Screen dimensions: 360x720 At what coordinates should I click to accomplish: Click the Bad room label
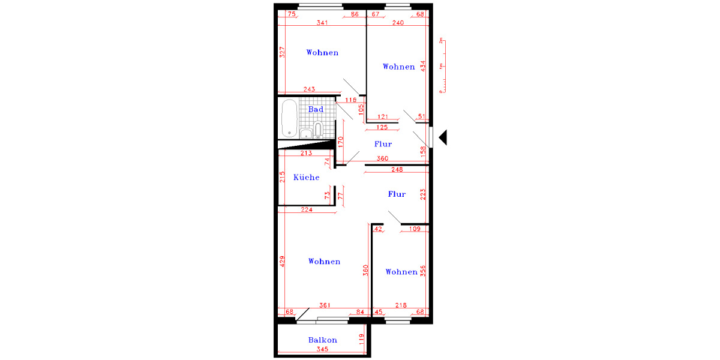point(316,109)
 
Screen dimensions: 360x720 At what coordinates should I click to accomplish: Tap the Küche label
point(306,178)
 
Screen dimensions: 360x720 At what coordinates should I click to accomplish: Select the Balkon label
point(322,340)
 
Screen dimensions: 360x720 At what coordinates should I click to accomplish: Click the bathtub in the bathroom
point(289,118)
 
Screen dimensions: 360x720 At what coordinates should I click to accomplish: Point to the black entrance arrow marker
point(444,137)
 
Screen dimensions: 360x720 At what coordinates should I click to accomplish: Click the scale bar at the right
point(442,66)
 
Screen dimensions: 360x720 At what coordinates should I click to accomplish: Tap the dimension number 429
point(281,262)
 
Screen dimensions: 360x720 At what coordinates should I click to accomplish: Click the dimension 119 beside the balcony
point(361,340)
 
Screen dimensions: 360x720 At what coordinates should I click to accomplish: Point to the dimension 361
point(326,305)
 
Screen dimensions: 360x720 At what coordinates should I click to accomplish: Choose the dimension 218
point(400,305)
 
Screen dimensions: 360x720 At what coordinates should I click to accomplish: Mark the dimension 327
point(281,52)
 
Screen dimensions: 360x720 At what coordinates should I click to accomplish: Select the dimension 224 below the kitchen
point(306,209)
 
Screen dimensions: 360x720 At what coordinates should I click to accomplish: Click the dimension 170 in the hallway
point(340,142)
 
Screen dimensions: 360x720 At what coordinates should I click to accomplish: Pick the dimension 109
point(414,229)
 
